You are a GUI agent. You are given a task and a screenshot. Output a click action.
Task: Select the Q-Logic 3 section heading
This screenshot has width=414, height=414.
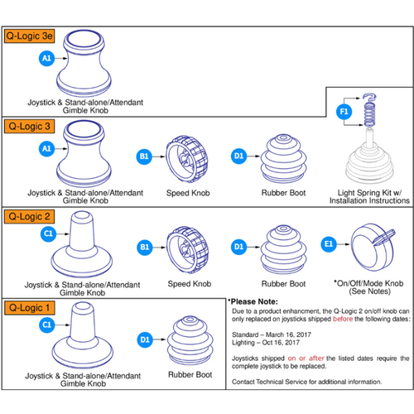click(31, 127)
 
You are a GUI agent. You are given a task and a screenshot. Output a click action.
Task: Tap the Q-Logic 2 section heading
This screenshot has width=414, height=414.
click(31, 216)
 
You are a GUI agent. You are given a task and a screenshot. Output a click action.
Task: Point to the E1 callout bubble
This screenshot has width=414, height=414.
click(330, 245)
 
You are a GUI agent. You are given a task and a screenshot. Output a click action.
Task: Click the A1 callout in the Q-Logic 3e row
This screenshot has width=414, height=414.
click(47, 58)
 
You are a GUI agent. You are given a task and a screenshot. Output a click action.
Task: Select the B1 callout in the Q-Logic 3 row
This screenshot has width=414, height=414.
click(144, 155)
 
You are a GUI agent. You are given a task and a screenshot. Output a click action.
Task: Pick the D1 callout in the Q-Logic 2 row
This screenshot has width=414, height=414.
click(238, 245)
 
